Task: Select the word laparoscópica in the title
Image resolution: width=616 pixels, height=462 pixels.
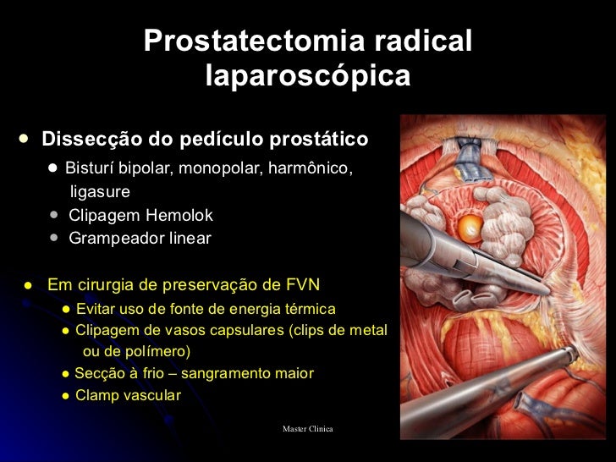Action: (308, 76)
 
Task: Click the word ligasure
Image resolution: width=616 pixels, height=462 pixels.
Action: (100, 192)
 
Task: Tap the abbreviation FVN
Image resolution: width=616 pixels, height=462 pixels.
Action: (302, 283)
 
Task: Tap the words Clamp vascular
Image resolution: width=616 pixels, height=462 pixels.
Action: (128, 394)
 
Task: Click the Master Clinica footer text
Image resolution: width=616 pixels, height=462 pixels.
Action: (308, 429)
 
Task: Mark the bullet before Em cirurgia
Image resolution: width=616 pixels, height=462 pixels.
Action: (28, 283)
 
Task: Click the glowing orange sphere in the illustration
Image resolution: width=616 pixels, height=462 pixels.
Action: (470, 226)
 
